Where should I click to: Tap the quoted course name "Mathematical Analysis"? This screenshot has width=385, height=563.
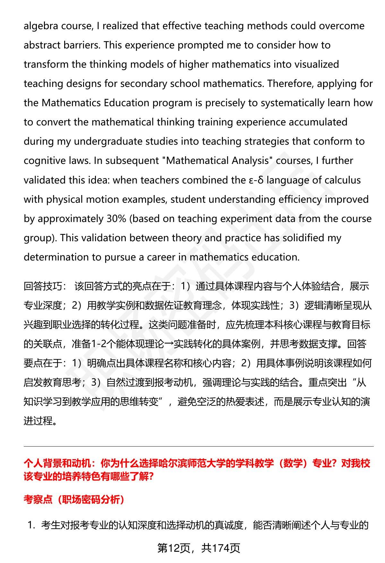(217, 161)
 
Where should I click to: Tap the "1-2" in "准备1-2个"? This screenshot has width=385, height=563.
(98, 344)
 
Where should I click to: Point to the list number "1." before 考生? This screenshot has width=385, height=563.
(31, 525)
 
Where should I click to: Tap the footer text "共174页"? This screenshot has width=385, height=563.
(221, 549)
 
